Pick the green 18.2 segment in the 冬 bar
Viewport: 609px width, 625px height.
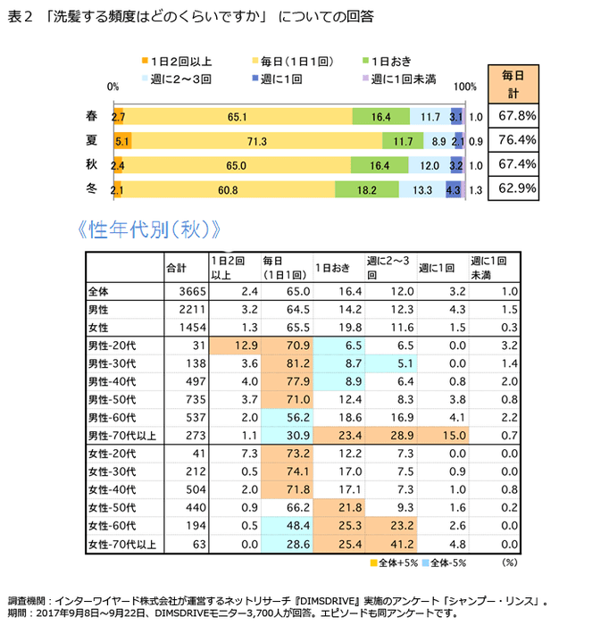click(x=366, y=189)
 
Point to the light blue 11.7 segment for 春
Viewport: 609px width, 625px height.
click(x=430, y=116)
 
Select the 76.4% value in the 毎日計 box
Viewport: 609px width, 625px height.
click(x=517, y=140)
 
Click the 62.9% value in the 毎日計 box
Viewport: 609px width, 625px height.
click(x=517, y=188)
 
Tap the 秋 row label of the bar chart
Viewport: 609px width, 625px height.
click(x=91, y=164)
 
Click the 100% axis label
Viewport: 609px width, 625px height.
click(x=465, y=87)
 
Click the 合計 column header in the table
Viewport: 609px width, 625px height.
click(x=177, y=268)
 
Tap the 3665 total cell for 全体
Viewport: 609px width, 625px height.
click(x=193, y=292)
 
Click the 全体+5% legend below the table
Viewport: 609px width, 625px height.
click(x=393, y=562)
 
